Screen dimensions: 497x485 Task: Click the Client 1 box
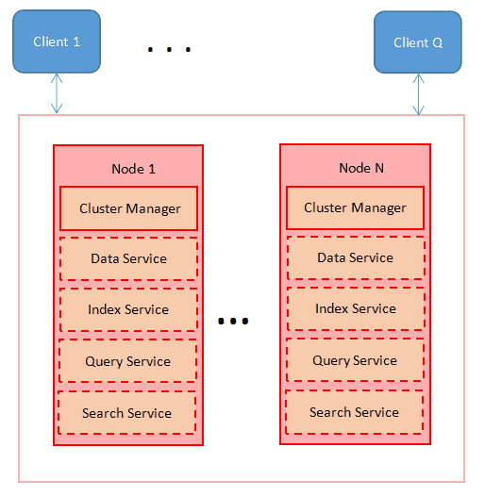click(57, 41)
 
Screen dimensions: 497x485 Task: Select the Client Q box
click(418, 42)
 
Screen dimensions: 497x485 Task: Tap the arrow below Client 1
click(57, 93)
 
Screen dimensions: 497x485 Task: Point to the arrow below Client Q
click(418, 94)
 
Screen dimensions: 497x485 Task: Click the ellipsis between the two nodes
click(233, 322)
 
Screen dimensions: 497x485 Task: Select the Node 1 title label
click(133, 169)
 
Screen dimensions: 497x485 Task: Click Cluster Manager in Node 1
click(129, 208)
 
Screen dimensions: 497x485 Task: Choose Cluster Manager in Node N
click(355, 207)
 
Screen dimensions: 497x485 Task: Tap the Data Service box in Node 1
click(128, 258)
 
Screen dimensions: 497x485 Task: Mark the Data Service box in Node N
click(355, 257)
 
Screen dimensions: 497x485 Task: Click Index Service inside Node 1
click(128, 309)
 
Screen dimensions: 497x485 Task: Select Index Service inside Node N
click(355, 308)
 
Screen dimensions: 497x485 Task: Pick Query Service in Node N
click(355, 360)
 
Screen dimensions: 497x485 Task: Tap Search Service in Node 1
click(126, 413)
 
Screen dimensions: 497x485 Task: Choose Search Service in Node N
click(354, 412)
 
